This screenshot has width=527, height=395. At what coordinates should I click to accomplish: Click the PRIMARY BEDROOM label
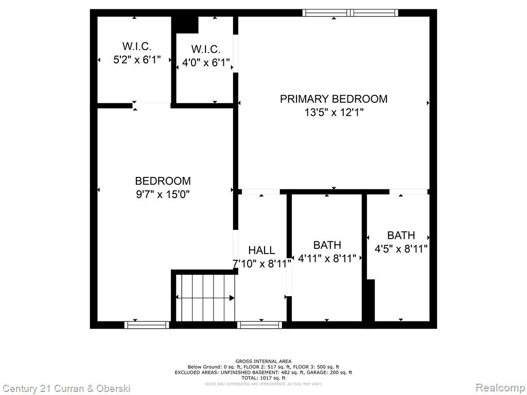click(333, 99)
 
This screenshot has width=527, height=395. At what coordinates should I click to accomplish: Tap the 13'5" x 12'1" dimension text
click(334, 112)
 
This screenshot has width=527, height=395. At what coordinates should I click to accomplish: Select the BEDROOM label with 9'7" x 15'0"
click(163, 181)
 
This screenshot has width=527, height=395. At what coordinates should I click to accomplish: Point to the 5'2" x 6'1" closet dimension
click(137, 60)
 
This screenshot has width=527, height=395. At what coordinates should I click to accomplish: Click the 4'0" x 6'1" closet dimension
click(206, 62)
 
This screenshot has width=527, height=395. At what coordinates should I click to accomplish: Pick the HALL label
click(261, 250)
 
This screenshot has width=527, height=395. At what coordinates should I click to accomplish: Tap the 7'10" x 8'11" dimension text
click(262, 264)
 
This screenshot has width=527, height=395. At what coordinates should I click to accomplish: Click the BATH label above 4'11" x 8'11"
click(327, 245)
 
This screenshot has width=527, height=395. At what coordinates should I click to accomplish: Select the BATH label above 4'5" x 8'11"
click(401, 235)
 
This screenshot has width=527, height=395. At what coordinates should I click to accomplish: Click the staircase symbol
click(205, 298)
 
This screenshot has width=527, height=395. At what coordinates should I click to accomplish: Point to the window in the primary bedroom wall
click(350, 13)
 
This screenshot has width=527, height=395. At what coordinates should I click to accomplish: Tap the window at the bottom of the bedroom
click(147, 325)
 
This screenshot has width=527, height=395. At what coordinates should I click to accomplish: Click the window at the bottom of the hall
click(259, 325)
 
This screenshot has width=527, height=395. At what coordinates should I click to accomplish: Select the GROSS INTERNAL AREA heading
click(263, 362)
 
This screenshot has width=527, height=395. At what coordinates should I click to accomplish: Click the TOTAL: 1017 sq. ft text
click(263, 378)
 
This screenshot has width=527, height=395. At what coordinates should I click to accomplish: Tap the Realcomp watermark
click(500, 387)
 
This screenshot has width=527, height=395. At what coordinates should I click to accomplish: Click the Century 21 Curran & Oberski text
click(66, 389)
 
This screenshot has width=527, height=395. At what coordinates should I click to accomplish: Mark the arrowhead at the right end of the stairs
click(232, 298)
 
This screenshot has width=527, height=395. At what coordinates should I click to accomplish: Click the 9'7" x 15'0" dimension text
click(163, 194)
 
